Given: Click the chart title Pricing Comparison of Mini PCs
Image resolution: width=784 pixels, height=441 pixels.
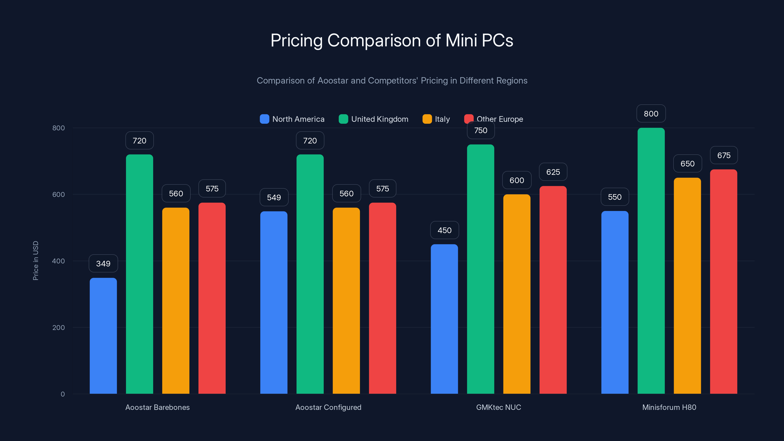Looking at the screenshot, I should pos(392,40).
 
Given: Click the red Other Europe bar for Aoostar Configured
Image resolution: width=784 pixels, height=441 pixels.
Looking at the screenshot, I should pos(382,298).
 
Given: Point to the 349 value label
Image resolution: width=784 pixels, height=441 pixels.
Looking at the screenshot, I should pos(103,264).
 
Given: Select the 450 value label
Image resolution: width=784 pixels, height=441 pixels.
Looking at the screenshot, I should pos(444,230).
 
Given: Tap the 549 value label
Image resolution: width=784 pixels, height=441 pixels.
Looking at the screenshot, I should pos(274,197).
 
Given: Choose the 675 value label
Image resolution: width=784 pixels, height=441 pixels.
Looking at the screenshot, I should pos(724,156).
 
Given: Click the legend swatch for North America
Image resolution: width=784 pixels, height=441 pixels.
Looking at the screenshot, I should pos(265,119).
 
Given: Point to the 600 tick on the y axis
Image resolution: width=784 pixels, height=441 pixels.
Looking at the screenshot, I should pos(59,195).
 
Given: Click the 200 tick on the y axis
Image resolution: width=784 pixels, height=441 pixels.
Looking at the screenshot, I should pos(59,328).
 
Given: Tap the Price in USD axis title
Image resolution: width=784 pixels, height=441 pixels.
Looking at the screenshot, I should pos(36,260).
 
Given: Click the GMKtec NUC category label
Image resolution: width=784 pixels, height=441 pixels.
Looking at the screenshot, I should pos(499,407).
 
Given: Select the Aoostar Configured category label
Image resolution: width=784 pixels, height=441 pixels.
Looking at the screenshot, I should pos(328,407).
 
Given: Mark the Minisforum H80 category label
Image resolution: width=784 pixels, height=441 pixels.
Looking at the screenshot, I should pos(669,407).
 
